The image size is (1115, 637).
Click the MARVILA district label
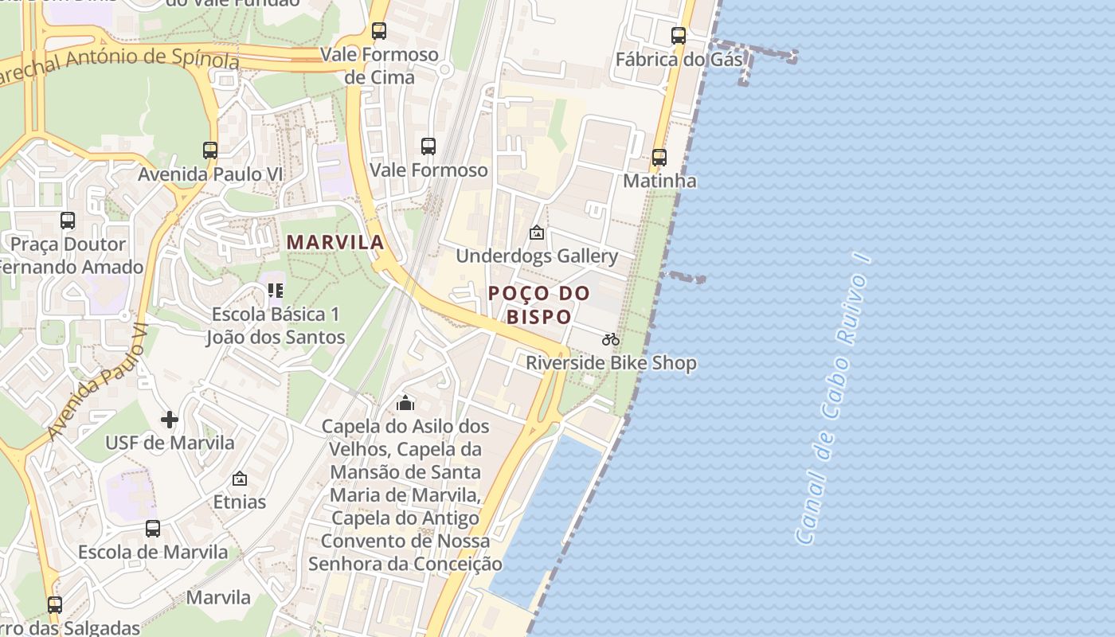click(x=335, y=242)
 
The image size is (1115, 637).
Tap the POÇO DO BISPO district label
click(x=539, y=305)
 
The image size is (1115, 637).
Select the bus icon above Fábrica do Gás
click(x=678, y=36)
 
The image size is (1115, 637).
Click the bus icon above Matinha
click(x=659, y=158)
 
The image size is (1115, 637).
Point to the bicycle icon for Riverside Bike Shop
click(x=611, y=340)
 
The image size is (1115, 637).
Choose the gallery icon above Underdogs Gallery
click(x=537, y=233)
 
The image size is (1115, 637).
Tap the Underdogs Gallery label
click(x=537, y=256)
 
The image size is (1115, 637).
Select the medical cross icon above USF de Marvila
click(x=170, y=419)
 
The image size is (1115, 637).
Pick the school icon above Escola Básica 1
click(x=276, y=291)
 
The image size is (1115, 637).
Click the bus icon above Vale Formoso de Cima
click(x=379, y=31)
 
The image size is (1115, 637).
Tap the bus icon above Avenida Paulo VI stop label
click(x=210, y=150)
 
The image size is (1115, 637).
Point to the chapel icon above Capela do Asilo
click(x=405, y=404)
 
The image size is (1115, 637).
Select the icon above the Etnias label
click(x=239, y=479)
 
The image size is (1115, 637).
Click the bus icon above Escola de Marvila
click(x=152, y=528)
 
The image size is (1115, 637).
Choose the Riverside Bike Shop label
click(x=611, y=363)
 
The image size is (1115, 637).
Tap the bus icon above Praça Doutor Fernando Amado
click(x=68, y=221)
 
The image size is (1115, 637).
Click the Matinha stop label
click(x=659, y=181)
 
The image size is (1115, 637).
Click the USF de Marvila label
click(x=170, y=443)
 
